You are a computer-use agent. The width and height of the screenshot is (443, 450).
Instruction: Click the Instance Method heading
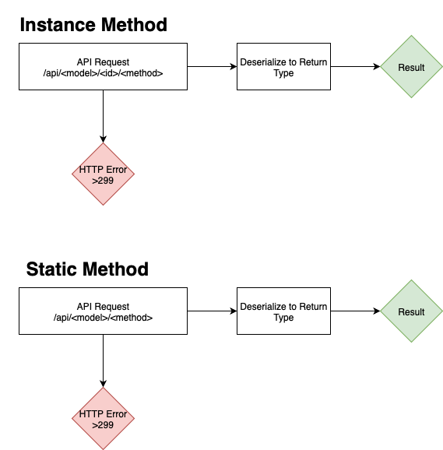click(93, 25)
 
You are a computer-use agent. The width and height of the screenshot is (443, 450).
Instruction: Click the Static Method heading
click(87, 269)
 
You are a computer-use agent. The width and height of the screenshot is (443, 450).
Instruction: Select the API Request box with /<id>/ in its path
click(104, 67)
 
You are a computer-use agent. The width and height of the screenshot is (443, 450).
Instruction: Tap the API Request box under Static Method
click(104, 311)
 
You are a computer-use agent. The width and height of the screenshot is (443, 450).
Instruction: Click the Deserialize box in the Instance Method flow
click(283, 67)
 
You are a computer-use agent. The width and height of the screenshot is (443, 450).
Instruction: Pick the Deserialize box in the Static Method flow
click(283, 311)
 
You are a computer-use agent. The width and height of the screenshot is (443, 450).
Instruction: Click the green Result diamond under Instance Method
click(411, 67)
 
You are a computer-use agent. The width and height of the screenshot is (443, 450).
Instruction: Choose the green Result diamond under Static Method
click(411, 311)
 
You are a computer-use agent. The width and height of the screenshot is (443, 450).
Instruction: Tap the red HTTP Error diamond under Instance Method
click(104, 174)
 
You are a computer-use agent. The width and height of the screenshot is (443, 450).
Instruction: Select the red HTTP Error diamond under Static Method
click(104, 419)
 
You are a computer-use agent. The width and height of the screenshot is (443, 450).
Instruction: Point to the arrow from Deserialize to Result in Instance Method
click(354, 67)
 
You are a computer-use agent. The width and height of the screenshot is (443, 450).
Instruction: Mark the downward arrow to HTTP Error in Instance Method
click(104, 116)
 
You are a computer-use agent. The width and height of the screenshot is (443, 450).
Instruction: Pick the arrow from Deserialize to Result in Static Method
click(354, 311)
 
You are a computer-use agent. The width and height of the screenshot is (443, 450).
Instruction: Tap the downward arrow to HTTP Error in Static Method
click(104, 360)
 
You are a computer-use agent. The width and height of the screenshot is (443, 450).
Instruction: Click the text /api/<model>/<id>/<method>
click(104, 72)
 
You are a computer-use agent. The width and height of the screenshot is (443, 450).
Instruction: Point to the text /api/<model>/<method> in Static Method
click(104, 318)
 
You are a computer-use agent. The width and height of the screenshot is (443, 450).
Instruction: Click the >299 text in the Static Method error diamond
click(104, 425)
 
